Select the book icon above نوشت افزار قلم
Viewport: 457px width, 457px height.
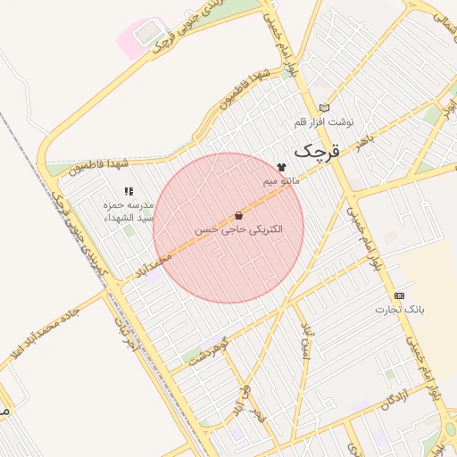pos(324,107)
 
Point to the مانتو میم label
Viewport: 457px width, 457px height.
pos(281,181)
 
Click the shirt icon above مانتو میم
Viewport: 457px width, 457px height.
pos(282,167)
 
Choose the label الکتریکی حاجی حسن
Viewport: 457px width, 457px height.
pos(238,229)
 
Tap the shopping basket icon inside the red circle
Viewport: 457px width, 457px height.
pos(238,215)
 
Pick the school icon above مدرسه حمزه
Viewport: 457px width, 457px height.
pos(129,191)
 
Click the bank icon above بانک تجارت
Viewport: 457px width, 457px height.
pos(398,295)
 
